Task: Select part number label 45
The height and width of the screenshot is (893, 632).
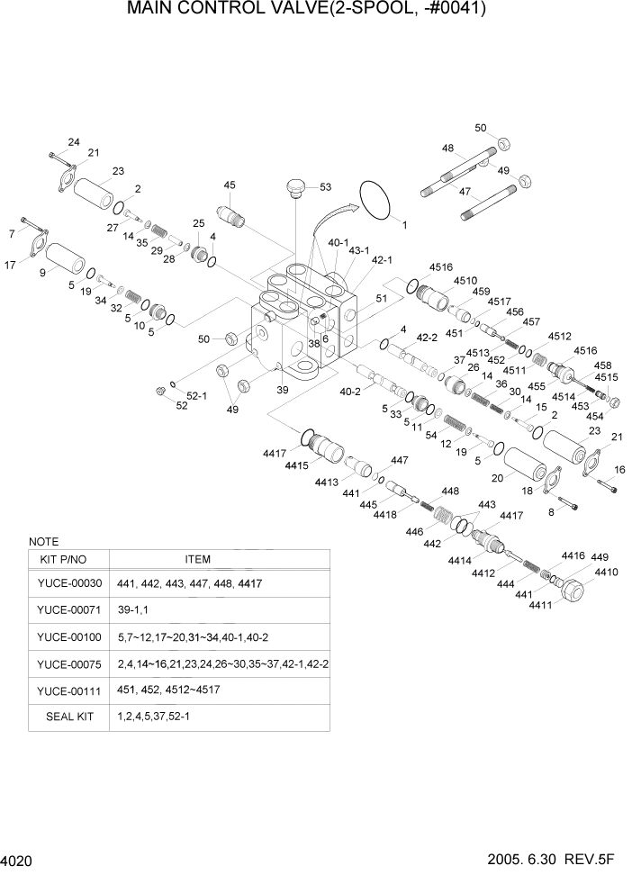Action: (x=230, y=185)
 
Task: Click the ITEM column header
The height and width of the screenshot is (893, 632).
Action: (x=197, y=559)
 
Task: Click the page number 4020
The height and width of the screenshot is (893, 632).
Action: (x=17, y=861)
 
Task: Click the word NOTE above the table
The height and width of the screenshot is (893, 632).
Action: (x=43, y=542)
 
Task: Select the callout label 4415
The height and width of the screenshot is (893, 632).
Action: (x=298, y=465)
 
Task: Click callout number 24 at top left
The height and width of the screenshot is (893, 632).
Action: (x=74, y=142)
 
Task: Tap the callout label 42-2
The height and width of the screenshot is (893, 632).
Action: (x=425, y=338)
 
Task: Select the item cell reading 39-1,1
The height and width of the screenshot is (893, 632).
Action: (x=135, y=610)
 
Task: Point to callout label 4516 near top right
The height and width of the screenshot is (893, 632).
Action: (x=440, y=267)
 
